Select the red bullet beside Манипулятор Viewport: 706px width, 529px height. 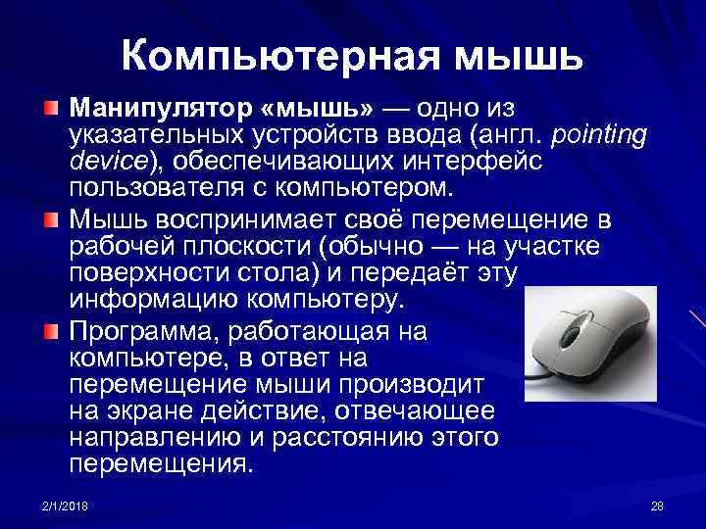[50, 105]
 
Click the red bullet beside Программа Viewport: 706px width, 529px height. [50, 330]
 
